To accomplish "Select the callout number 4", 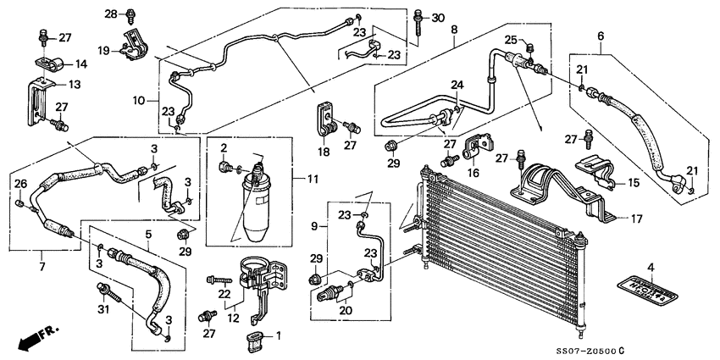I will tap(651, 269).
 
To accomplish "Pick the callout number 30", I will tap(437, 19).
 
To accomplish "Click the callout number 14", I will tap(81, 64).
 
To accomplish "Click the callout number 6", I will tap(601, 36).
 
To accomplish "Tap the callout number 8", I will tap(454, 30).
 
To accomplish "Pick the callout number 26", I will tap(21, 184).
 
